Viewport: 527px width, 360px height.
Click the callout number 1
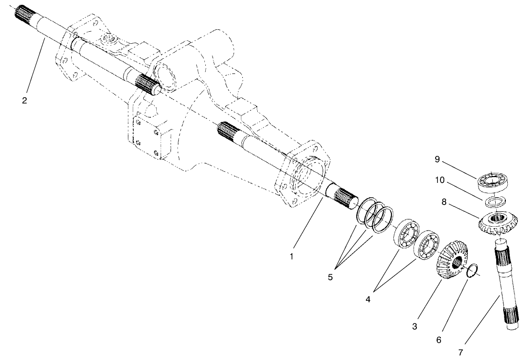point(291,257)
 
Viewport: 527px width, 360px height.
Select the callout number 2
point(24,101)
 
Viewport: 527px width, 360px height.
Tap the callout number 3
point(414,327)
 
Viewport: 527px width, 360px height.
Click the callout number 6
point(439,339)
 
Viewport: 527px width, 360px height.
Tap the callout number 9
point(437,159)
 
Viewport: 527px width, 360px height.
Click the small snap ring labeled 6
point(473,270)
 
